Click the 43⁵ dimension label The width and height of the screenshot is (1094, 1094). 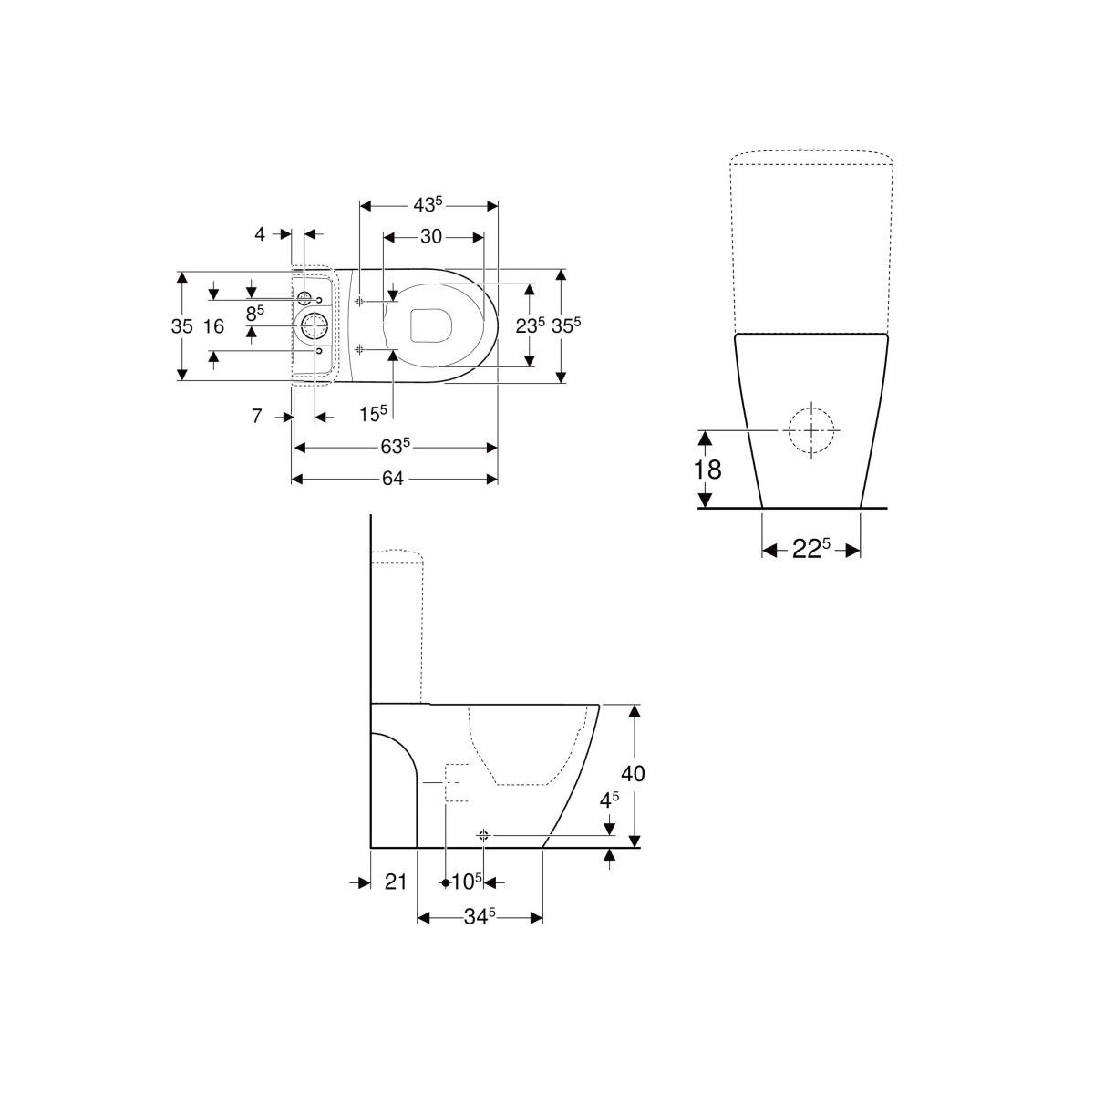click(428, 204)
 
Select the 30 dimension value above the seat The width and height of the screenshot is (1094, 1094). click(431, 236)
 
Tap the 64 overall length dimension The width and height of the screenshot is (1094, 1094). click(392, 479)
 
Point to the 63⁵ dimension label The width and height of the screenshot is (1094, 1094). click(395, 447)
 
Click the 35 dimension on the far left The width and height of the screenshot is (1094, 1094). click(181, 325)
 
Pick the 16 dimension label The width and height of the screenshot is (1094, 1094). click(213, 325)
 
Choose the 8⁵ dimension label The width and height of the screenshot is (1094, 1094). click(255, 313)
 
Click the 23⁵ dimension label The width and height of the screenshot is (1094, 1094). click(531, 325)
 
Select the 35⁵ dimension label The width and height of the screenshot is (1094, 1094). click(566, 325)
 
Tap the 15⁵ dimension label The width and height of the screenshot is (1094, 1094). click(373, 414)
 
